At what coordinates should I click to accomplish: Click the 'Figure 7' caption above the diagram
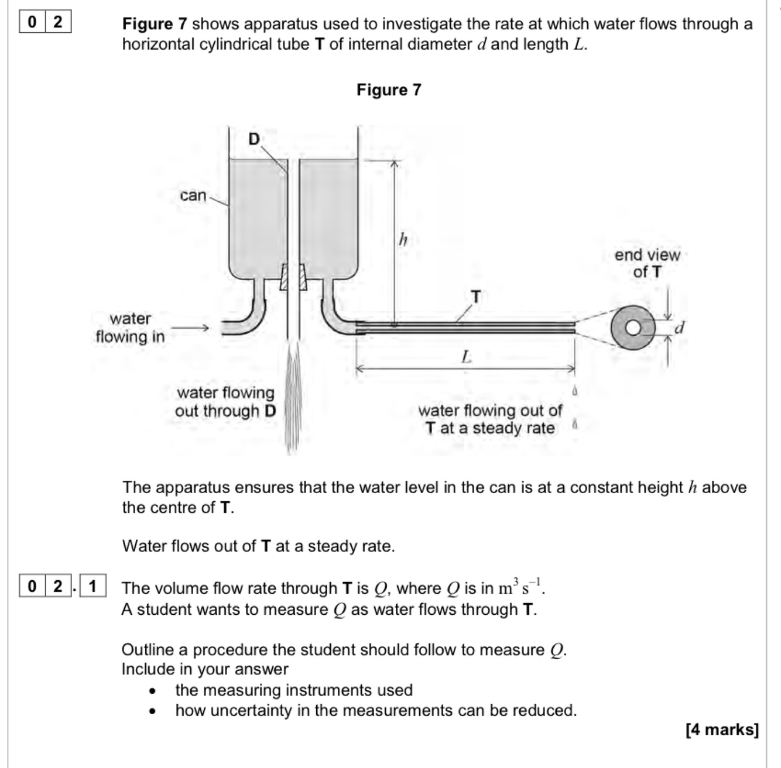pos(389,90)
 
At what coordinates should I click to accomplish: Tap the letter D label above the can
pos(254,139)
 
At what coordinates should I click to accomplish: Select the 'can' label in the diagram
pos(193,195)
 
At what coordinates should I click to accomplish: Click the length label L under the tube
pos(466,356)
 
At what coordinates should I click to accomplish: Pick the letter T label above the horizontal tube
pos(476,297)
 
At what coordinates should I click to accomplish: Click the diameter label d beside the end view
pos(679,328)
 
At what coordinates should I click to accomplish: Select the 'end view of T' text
pos(647,263)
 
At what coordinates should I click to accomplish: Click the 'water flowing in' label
pos(130,328)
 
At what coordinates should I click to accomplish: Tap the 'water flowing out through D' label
pos(225,402)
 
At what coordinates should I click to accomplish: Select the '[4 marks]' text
pos(722,730)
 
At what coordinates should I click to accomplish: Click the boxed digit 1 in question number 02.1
pos(93,586)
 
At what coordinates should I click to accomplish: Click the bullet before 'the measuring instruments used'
pos(152,691)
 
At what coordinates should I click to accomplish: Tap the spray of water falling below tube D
pos(293,398)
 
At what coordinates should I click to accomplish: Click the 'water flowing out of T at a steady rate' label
pos(489,419)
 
